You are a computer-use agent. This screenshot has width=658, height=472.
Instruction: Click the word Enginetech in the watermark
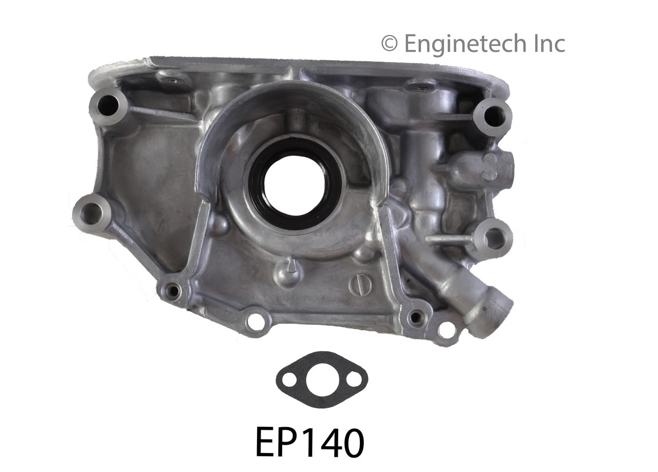tap(465, 44)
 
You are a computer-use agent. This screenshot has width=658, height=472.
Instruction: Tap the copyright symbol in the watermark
tap(389, 44)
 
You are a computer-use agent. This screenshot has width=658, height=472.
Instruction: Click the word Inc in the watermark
tap(547, 44)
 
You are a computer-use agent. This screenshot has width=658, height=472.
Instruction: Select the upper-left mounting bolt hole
tap(107, 106)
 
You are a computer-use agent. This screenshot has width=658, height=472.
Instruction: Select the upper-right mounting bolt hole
tap(494, 116)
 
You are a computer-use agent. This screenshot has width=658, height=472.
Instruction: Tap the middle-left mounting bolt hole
tap(91, 213)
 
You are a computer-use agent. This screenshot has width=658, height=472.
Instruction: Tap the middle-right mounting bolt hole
tap(495, 239)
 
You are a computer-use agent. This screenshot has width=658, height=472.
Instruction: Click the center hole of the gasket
tap(322, 380)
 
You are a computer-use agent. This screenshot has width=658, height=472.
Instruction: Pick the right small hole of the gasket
tap(354, 380)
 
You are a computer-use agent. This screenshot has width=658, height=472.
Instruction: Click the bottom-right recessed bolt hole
tap(415, 318)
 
